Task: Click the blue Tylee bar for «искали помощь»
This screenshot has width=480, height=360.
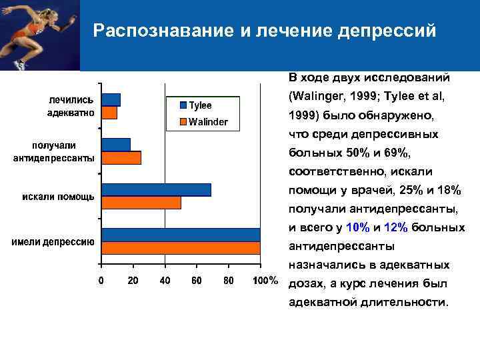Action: (x=155, y=190)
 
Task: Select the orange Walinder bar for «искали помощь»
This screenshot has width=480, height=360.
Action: (x=141, y=203)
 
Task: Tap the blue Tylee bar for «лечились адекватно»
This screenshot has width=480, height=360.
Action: (x=111, y=100)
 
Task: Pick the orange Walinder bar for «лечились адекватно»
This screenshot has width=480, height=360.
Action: (x=109, y=113)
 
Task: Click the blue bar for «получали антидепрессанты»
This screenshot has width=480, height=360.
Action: (x=115, y=145)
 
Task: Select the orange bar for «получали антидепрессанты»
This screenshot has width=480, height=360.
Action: (x=121, y=157)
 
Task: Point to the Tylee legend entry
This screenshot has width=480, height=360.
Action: (x=195, y=105)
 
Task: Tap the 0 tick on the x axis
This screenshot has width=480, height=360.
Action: (x=101, y=281)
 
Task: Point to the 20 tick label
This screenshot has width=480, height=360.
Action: (x=133, y=281)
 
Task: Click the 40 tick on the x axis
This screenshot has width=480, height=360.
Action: (x=165, y=281)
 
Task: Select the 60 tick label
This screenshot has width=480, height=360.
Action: (x=197, y=281)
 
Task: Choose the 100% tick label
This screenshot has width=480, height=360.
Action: (x=265, y=281)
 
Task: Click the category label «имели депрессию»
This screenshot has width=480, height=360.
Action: (x=52, y=242)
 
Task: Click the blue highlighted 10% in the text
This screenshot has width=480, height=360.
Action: (x=358, y=227)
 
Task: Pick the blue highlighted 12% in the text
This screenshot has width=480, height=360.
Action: (x=396, y=227)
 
